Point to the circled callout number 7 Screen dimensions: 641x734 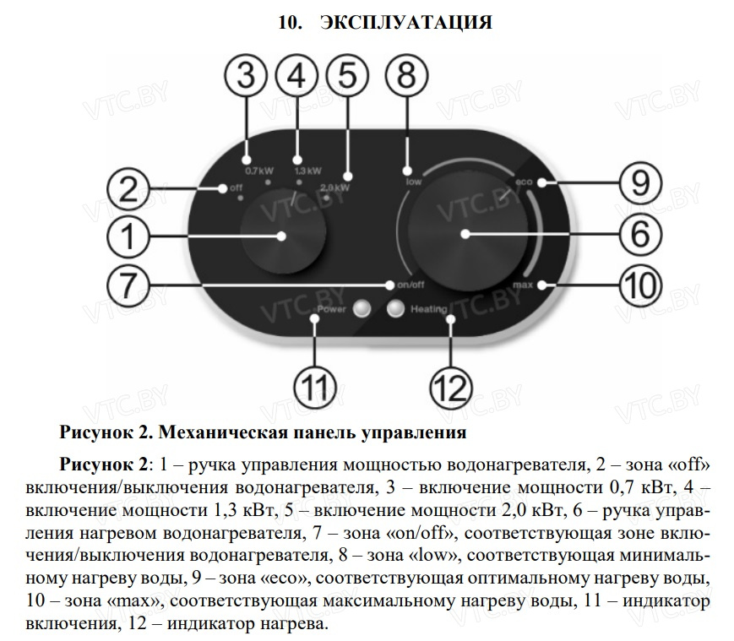[x=126, y=285]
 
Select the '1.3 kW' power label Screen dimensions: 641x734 [x=307, y=170]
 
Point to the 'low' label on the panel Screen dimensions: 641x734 [x=413, y=181]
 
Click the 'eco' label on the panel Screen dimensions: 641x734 [x=522, y=182]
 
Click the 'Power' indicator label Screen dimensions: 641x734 [x=331, y=310]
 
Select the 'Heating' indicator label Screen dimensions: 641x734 [x=428, y=310]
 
